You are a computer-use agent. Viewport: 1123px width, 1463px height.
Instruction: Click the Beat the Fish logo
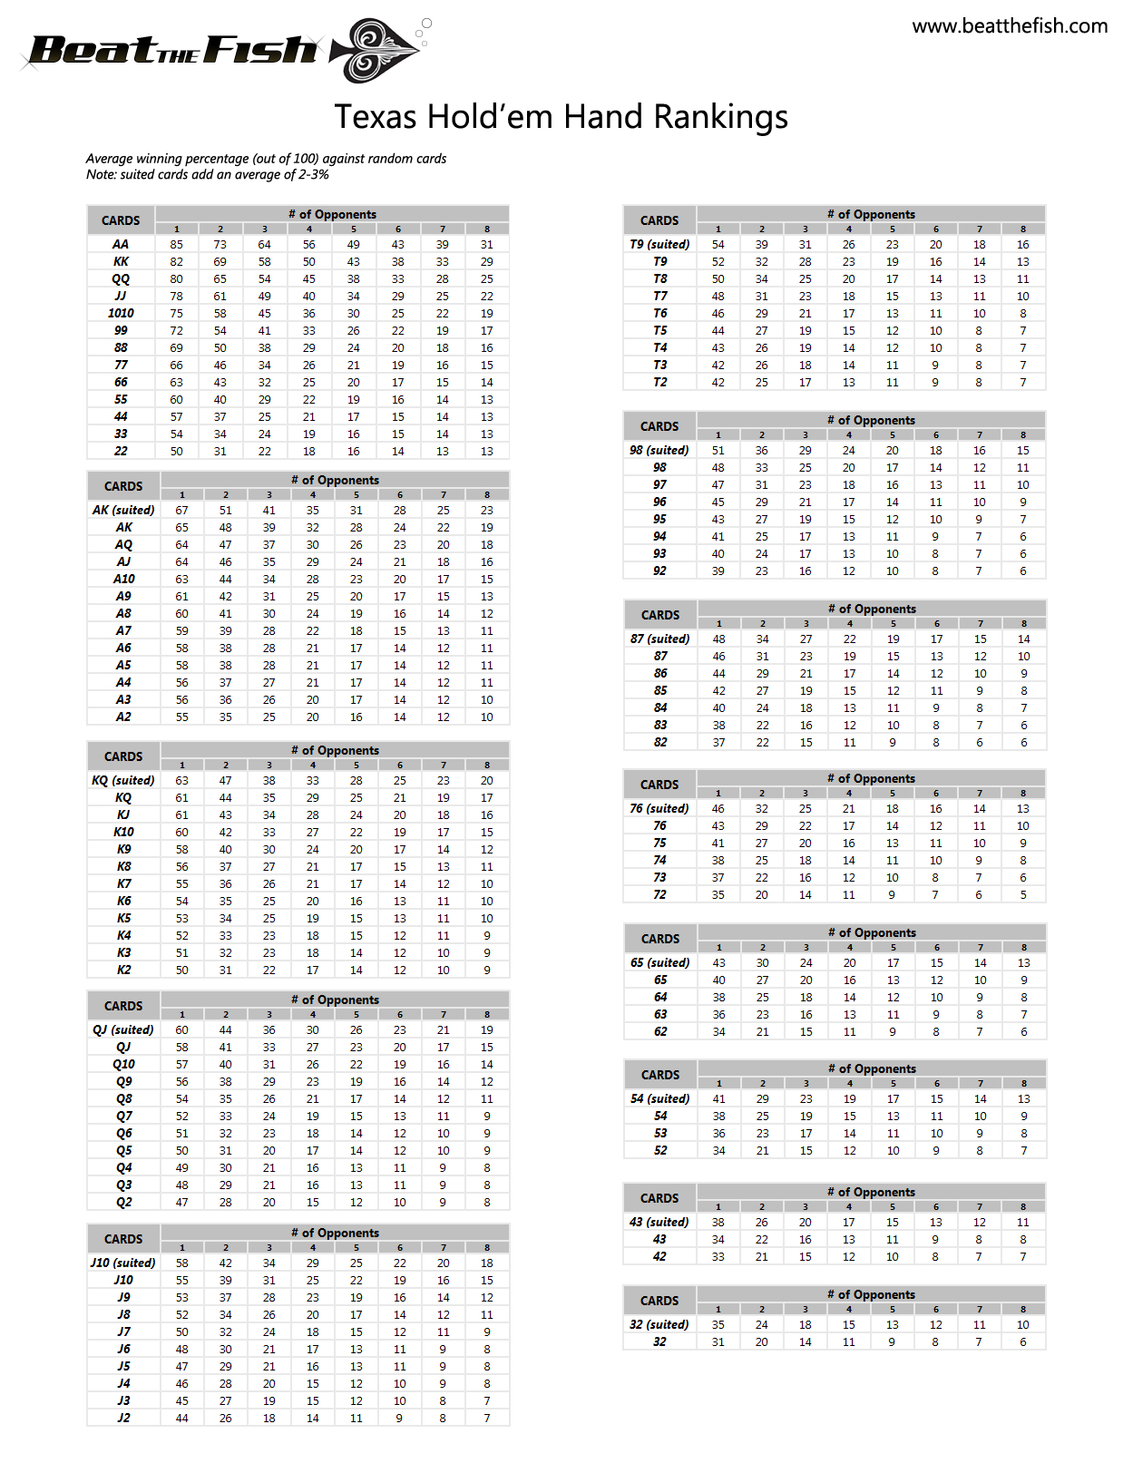(x=222, y=51)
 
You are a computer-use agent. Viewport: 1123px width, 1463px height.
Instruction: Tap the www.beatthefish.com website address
(x=1010, y=26)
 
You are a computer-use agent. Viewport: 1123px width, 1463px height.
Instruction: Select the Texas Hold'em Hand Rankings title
(x=561, y=117)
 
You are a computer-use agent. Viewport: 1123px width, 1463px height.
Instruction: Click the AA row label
(x=121, y=244)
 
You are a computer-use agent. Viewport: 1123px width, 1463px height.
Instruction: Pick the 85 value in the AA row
(x=176, y=244)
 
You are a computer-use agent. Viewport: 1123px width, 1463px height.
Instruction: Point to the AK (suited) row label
(x=123, y=510)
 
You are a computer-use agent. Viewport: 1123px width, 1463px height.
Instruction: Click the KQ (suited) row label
(x=123, y=780)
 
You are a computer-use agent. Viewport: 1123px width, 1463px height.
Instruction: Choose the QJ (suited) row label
(x=123, y=1029)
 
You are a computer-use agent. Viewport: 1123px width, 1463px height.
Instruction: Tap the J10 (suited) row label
(x=123, y=1263)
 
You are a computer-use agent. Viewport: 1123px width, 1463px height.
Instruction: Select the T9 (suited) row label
(x=659, y=244)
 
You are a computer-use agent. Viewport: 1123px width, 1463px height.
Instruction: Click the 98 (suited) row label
(x=659, y=450)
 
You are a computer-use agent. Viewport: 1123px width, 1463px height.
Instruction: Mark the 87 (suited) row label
(x=660, y=639)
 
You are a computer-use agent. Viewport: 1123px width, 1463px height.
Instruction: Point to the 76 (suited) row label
(x=659, y=808)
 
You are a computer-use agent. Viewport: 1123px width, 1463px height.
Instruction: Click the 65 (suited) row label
(x=660, y=962)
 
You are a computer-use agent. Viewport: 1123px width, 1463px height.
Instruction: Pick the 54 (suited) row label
(x=660, y=1098)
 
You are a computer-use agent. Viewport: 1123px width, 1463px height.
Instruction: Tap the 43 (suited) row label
(x=659, y=1222)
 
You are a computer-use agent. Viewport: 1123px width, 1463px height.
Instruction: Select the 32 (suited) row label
(x=659, y=1324)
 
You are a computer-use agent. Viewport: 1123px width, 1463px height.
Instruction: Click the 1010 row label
(x=121, y=313)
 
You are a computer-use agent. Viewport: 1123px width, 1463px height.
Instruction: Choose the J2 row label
(x=123, y=1418)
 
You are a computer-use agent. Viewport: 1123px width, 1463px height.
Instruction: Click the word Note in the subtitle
(x=101, y=174)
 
